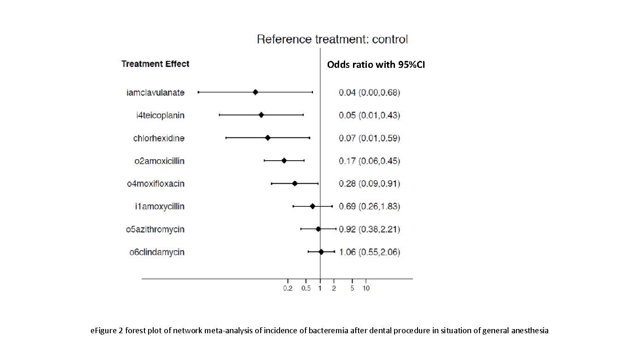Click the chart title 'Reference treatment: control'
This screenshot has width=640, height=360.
tap(332, 39)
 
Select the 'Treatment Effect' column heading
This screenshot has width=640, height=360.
tap(155, 64)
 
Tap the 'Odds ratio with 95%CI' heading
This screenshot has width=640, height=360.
tap(376, 65)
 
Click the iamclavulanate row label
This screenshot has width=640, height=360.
tap(156, 92)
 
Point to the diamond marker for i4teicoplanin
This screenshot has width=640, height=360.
tap(261, 115)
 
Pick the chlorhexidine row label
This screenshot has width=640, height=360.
tap(159, 138)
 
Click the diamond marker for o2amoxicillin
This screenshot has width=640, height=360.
tap(284, 161)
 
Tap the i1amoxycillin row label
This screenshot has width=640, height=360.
tap(160, 206)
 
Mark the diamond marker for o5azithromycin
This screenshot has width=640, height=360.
tap(318, 229)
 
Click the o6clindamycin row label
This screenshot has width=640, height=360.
tap(157, 252)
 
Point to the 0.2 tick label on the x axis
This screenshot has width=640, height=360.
tap(288, 288)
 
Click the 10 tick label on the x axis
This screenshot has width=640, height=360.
tap(366, 288)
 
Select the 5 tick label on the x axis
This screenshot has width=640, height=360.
tap(352, 288)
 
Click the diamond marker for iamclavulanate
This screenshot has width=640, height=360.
tap(255, 92)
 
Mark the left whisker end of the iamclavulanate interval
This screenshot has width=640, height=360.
tap(198, 92)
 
